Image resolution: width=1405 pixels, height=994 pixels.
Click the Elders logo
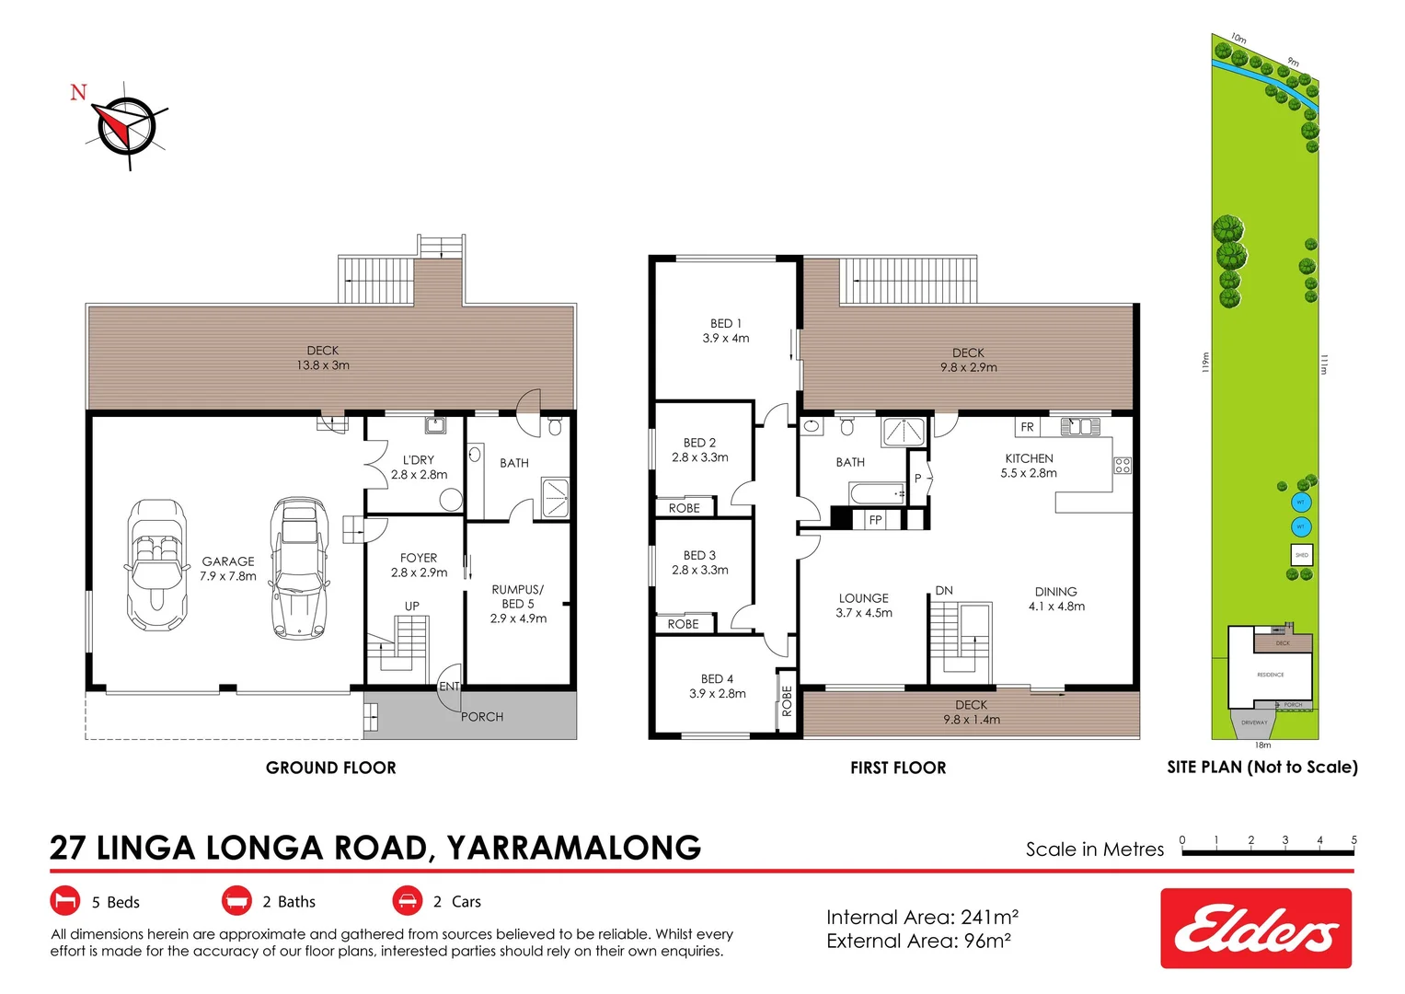coord(1255,928)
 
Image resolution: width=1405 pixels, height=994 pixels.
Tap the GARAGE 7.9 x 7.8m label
coord(228,569)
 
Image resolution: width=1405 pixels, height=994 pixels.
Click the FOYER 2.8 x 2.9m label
coord(419,565)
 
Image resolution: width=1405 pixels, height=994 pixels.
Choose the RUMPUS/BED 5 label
coord(518,604)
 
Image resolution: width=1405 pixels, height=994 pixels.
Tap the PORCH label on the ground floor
coord(482,717)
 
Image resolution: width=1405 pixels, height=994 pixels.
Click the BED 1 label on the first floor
coord(726,331)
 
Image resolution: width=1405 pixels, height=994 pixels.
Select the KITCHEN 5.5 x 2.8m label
coord(1029,466)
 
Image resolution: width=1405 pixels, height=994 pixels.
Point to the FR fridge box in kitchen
coord(1027,427)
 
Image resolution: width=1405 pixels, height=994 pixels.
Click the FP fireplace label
coord(876,520)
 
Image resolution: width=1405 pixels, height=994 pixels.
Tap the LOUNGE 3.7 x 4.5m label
coord(864,606)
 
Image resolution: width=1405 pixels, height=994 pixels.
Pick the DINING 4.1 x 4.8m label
coord(1056,599)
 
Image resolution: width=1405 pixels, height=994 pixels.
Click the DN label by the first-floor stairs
coord(944,591)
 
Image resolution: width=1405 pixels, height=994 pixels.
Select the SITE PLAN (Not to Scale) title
coord(1261,767)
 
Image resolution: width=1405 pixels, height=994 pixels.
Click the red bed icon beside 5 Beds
coord(64,901)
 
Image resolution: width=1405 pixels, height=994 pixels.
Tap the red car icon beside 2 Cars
coord(407,901)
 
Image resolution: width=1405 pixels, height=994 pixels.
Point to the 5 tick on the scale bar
coord(1353,841)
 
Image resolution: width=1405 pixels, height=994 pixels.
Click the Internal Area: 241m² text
coord(922,918)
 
